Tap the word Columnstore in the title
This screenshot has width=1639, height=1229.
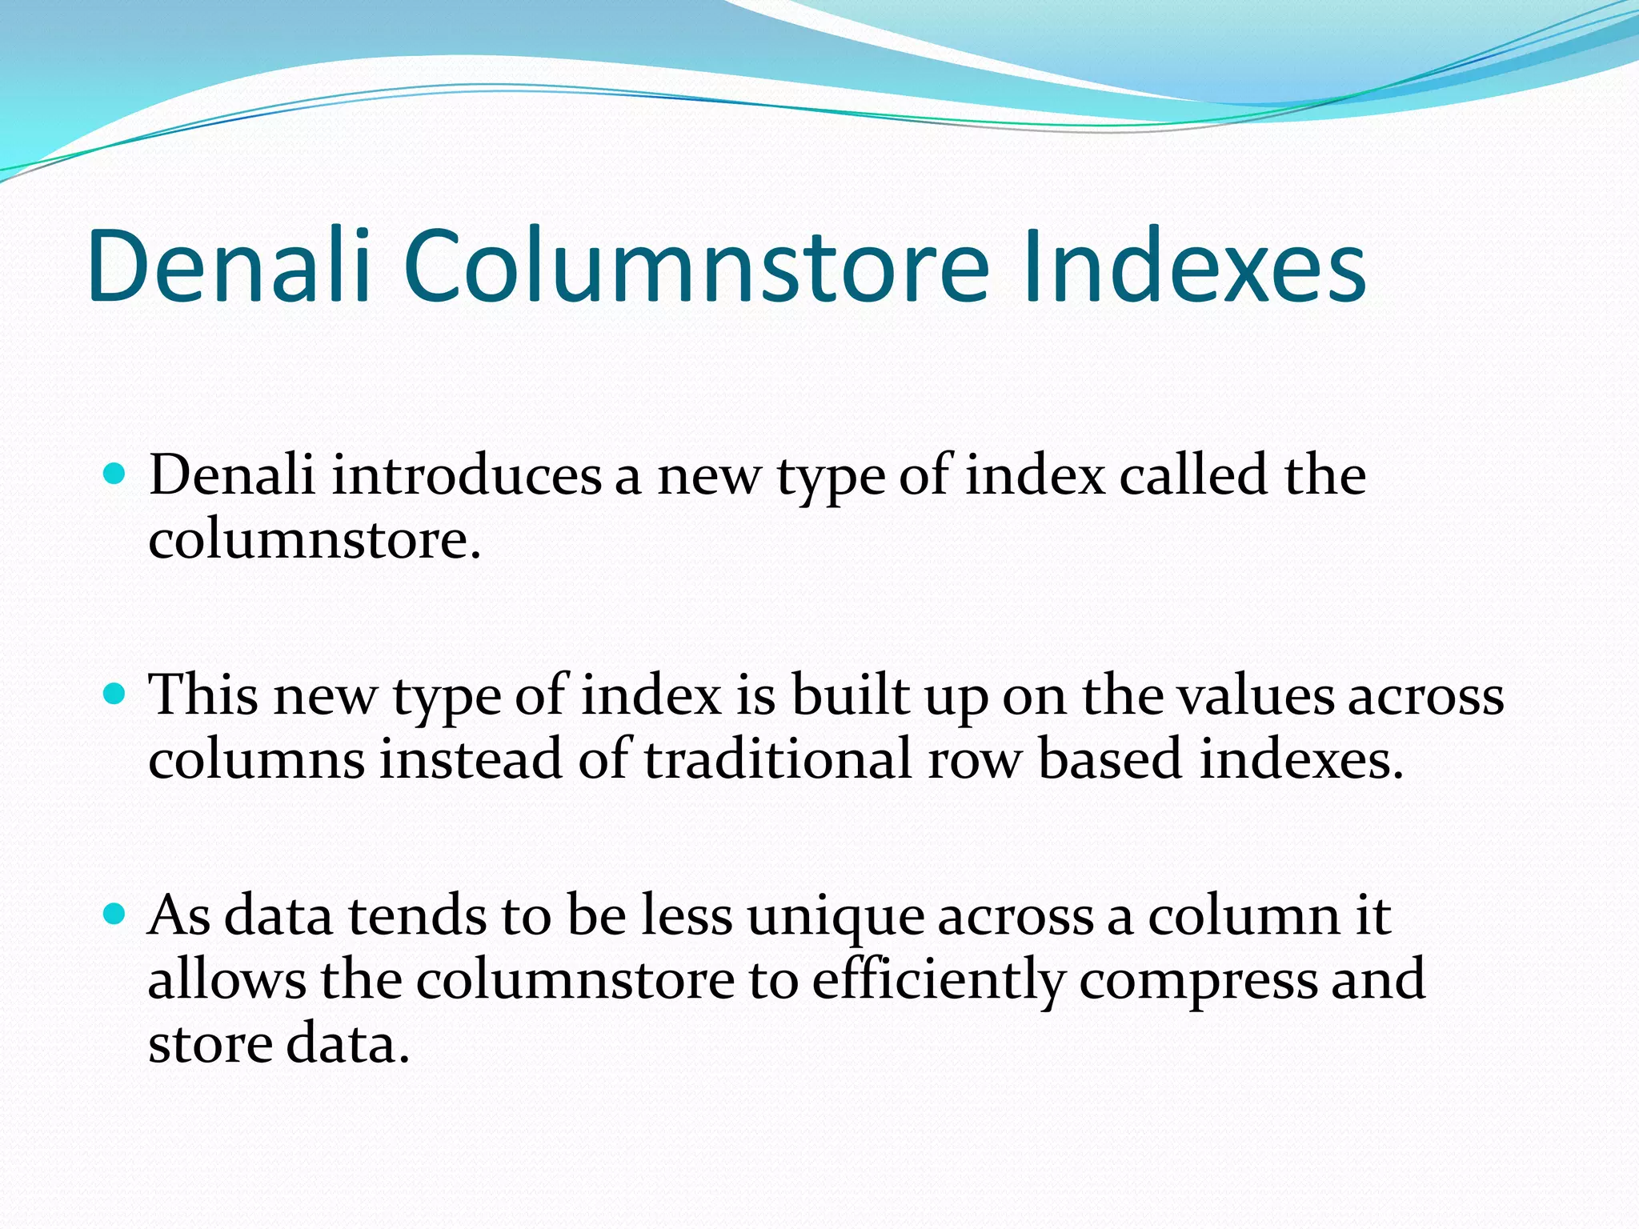click(696, 266)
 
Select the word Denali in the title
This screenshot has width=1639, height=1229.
click(230, 266)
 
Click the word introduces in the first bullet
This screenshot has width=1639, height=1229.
click(466, 475)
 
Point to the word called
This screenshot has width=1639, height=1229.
click(1192, 475)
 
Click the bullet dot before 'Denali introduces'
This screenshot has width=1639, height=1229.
click(115, 474)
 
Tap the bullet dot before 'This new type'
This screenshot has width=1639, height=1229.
click(115, 693)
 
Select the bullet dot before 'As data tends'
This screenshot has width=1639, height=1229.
click(115, 913)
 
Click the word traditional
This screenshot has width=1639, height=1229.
click(777, 759)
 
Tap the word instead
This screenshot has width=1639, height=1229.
click(470, 759)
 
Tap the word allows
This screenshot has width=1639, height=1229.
click(226, 979)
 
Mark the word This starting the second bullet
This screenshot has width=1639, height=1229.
click(203, 695)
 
